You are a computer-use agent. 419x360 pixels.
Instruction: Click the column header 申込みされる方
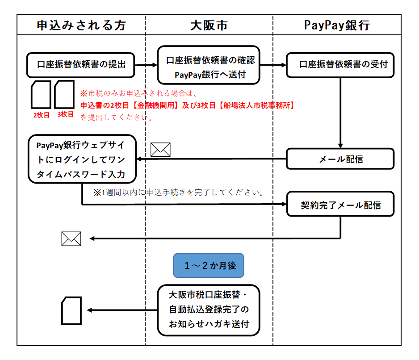coord(81,25)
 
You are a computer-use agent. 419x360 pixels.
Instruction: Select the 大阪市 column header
coord(209,25)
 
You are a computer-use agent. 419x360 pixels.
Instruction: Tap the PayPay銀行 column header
coord(337,25)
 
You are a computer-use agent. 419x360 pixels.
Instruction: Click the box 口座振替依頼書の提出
coord(81,64)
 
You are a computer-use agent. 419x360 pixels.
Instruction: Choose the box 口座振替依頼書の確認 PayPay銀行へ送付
coord(209,65)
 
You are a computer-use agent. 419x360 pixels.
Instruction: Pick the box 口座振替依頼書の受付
coord(340,64)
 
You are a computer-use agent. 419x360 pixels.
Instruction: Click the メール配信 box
coord(340,159)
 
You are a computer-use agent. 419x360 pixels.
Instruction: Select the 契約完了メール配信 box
coord(340,205)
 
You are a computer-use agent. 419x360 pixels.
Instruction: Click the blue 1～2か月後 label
coord(209,266)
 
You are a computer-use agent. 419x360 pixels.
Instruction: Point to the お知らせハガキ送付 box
coord(209,310)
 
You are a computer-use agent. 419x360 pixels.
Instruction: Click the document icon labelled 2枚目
coord(41,95)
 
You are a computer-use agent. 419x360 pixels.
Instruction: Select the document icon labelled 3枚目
coord(64,94)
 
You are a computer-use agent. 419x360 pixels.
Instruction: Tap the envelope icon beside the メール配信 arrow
coord(160,150)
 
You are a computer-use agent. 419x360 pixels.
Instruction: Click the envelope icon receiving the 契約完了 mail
coord(71,239)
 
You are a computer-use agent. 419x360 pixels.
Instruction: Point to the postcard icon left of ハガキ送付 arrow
coord(71,310)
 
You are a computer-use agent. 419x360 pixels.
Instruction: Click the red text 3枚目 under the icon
coord(65,114)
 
